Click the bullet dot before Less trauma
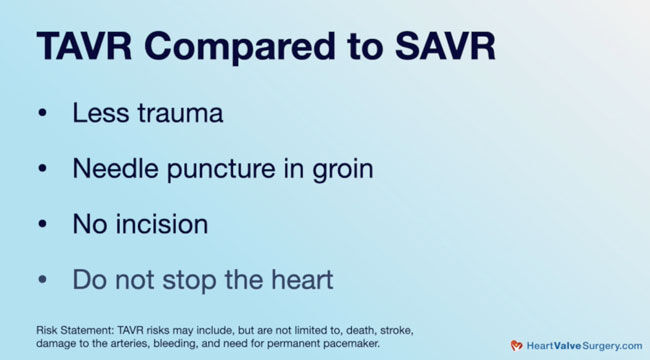(x=42, y=114)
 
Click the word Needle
(x=112, y=169)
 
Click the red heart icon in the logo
(x=516, y=345)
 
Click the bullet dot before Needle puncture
(x=42, y=170)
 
